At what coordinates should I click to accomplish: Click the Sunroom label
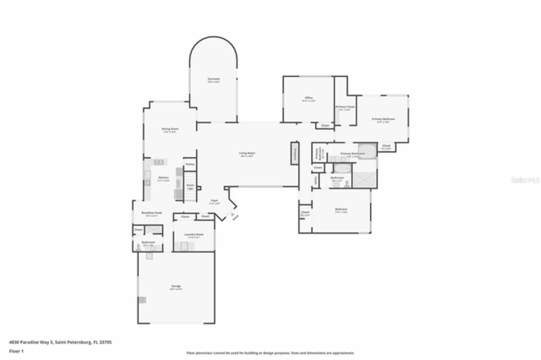coord(213,79)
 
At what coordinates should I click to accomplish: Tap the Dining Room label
coord(170,129)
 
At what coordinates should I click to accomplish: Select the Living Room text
coord(247,153)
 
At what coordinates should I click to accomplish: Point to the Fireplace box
coord(295,153)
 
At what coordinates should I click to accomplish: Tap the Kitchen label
coord(163,177)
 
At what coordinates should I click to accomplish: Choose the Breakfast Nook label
coord(151,213)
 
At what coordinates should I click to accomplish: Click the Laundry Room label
coord(194,235)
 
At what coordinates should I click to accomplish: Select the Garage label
coord(176,286)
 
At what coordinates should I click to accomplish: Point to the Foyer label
coord(214,201)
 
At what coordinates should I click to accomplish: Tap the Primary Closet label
coord(345,107)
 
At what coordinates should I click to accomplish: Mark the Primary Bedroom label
coord(383,119)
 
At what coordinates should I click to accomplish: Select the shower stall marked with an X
coord(364,179)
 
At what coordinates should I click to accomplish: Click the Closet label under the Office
coord(325,125)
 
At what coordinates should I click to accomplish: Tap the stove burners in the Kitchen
coord(159,162)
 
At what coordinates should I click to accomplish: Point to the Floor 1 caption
coord(16,351)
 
